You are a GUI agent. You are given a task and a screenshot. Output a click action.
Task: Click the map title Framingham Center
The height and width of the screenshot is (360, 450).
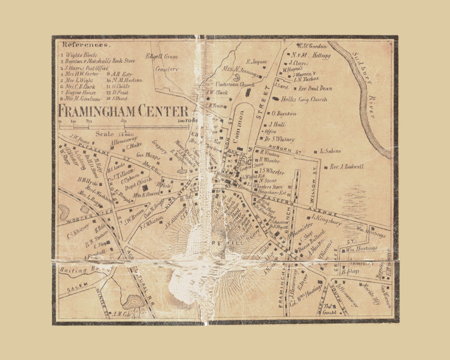(x=123, y=111)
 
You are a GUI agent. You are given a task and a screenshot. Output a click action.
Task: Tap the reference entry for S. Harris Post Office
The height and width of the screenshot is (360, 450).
(x=84, y=68)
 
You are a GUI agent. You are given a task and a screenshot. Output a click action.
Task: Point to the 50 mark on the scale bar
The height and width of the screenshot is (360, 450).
(x=124, y=121)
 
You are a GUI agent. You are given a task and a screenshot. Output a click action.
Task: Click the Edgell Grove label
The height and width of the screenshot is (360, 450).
(x=162, y=56)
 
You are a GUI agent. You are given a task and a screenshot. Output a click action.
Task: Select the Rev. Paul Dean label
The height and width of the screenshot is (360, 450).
(x=315, y=89)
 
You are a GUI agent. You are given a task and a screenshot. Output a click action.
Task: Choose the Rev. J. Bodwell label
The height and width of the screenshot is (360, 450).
(x=346, y=167)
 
